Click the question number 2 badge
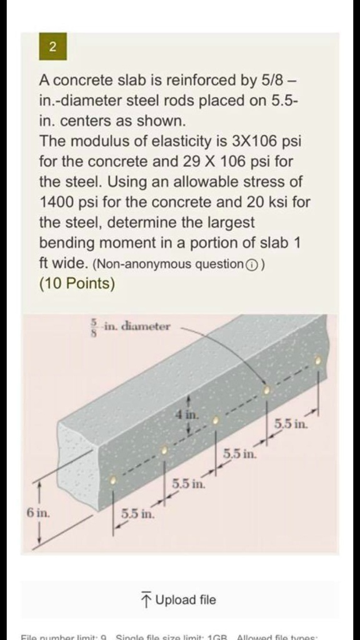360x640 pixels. (x=52, y=47)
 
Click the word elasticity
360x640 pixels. (x=175, y=141)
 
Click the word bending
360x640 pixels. (x=64, y=243)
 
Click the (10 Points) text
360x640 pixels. (x=77, y=284)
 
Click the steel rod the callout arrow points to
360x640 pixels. (x=267, y=390)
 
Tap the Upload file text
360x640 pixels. (x=186, y=600)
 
